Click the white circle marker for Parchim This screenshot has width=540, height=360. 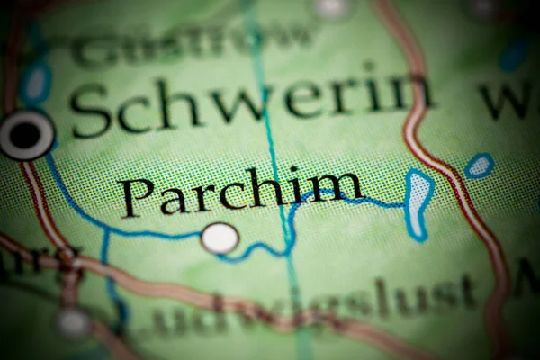pos(220,238)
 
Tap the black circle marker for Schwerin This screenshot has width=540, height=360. pos(26,136)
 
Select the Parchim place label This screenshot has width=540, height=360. pos(241,192)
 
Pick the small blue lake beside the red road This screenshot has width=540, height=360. pos(479,166)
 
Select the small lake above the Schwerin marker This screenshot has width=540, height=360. pos(36,84)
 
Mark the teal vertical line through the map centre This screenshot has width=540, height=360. pos(274,162)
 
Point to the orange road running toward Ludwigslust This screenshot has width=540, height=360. pos(180,288)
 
